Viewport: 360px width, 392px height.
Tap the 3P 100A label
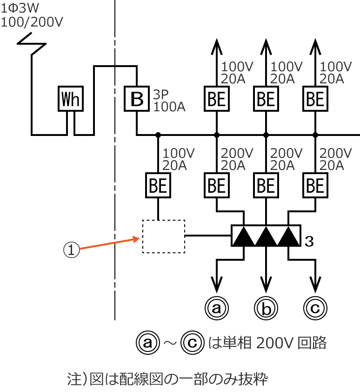[x=169, y=101]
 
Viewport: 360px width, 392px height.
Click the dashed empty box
[x=163, y=237]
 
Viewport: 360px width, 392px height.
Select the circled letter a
[x=216, y=307]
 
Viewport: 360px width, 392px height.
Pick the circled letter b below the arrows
[x=266, y=307]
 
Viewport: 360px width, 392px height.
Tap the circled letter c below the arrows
[x=315, y=307]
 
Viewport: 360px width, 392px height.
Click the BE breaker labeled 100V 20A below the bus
[x=158, y=186]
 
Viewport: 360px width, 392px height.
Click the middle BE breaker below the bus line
[x=266, y=186]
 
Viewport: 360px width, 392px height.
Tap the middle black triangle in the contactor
[x=266, y=237]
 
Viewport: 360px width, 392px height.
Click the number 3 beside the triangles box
[x=308, y=241]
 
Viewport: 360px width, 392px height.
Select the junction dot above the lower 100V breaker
[x=158, y=135]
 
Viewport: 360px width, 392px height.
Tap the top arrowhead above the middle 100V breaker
[x=266, y=45]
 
